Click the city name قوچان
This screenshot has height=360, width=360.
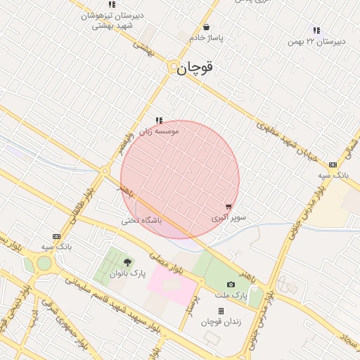[194, 68]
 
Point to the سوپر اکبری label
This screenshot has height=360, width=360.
[229, 218]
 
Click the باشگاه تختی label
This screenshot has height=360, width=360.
[142, 220]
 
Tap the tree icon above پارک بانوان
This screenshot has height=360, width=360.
[127, 262]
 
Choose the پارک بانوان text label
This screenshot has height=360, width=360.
[128, 274]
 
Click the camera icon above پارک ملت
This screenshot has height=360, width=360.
[230, 284]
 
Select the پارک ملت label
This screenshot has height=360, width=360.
[231, 296]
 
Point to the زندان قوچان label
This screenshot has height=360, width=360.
[221, 322]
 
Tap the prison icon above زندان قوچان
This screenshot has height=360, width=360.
[221, 311]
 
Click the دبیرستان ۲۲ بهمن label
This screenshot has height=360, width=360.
[316, 41]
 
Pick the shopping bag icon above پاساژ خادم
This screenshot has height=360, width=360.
[205, 27]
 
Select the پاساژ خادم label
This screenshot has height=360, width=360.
[206, 38]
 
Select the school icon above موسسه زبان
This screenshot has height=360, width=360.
[159, 120]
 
